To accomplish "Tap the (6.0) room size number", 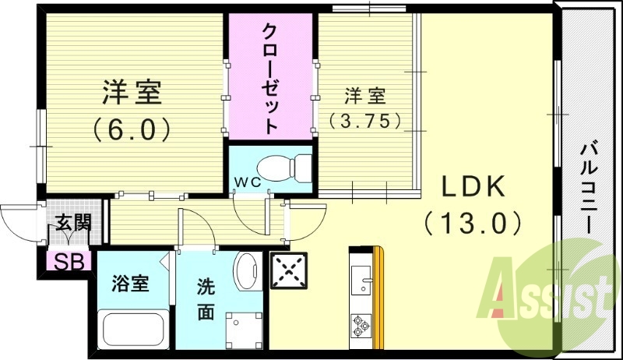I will (x=132, y=129).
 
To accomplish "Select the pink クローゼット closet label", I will (x=270, y=78).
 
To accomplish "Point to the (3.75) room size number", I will (x=365, y=121).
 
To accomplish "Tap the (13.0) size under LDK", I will (x=473, y=224).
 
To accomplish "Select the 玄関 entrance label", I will (x=72, y=224).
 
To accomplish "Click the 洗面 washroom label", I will (x=206, y=299).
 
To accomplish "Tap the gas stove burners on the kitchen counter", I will (x=361, y=323).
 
